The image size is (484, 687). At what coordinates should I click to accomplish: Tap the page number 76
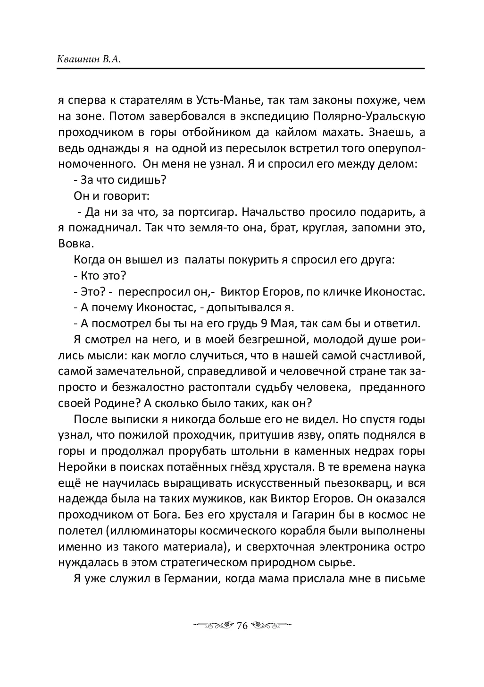point(242,626)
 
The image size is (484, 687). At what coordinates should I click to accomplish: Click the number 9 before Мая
point(265,323)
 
